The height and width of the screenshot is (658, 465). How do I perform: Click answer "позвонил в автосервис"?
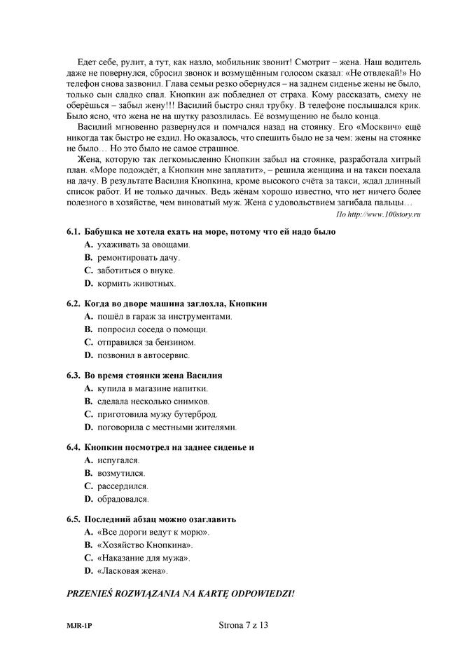click(x=146, y=356)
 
